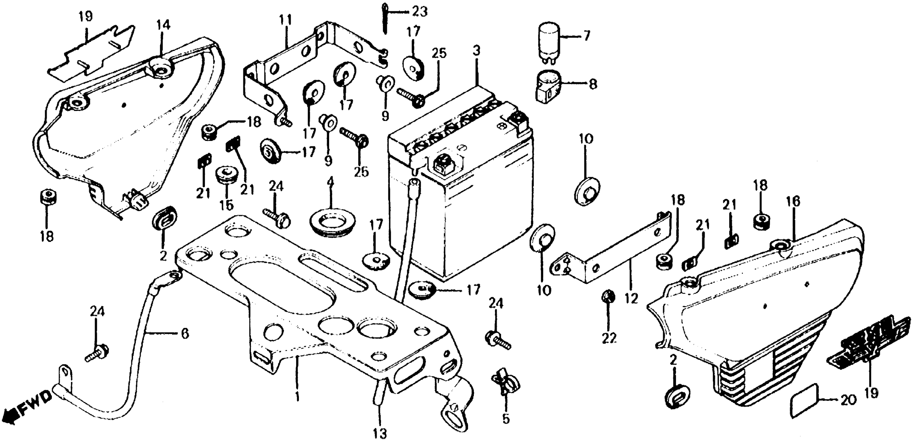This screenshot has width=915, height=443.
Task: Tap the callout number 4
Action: [x=331, y=182]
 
